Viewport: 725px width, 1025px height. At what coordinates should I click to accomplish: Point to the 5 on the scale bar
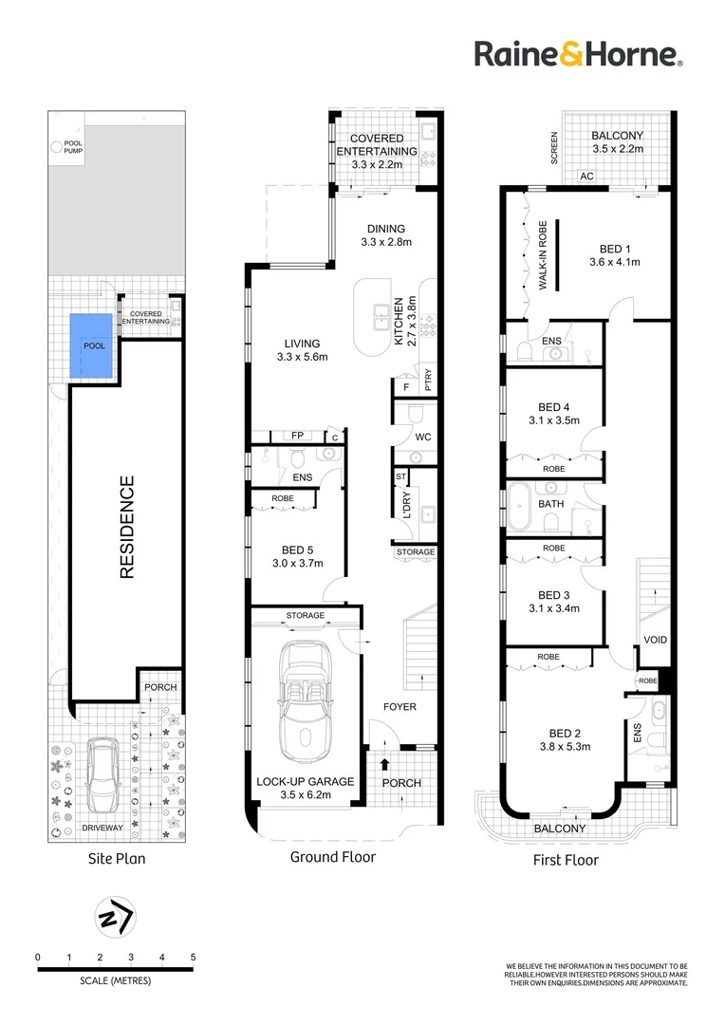193,957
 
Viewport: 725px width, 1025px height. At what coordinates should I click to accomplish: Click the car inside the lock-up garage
303,701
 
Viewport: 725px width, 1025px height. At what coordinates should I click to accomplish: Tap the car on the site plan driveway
101,772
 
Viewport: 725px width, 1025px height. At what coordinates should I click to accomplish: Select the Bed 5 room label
297,550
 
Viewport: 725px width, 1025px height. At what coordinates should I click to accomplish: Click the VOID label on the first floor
656,640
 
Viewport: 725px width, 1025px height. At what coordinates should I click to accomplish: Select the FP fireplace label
297,436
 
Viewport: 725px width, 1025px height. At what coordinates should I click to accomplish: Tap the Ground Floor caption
332,857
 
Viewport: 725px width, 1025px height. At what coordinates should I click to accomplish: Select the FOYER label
400,707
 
